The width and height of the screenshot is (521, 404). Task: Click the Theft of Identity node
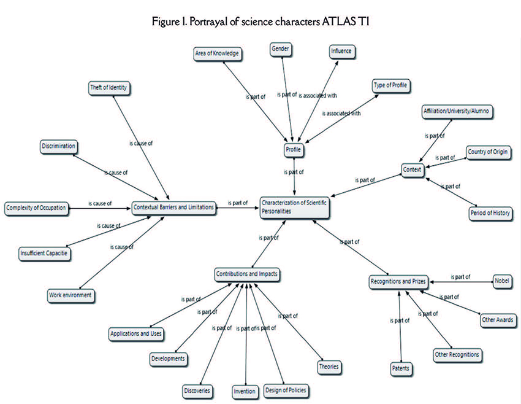point(108,88)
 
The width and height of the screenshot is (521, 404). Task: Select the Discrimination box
point(59,146)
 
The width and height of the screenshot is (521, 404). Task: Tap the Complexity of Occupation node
point(36,208)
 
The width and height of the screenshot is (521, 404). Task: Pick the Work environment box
point(70,295)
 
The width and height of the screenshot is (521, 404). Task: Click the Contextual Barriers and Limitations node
point(174,208)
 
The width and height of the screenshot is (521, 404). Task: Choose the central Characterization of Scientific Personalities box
point(295,206)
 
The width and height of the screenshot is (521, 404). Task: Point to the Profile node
point(294,149)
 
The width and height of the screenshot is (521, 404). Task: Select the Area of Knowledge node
point(217,54)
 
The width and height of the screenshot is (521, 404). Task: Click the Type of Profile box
point(390,85)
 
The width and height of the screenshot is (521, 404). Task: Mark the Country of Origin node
point(487,152)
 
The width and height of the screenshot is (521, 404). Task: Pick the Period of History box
point(489,213)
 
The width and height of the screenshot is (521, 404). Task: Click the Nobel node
point(501,281)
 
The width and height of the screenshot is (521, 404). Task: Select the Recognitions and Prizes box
point(398,281)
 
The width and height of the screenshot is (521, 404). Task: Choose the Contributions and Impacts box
point(247,274)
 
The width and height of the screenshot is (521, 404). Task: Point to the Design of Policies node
point(285,390)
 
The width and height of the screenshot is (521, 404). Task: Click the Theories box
point(329,367)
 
